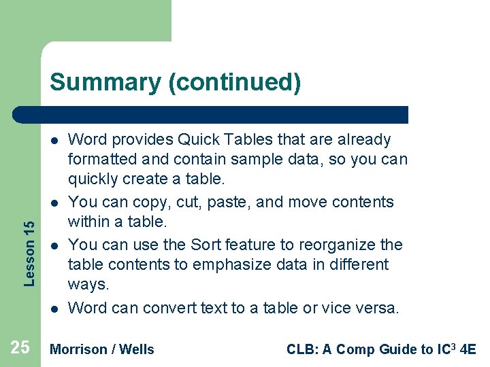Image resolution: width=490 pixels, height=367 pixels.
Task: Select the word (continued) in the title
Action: pos(234,82)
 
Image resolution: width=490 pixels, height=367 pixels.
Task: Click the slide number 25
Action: pos(20,348)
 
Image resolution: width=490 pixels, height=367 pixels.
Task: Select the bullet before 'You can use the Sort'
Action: pos(52,245)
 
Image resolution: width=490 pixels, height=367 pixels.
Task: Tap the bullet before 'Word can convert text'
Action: pos(52,309)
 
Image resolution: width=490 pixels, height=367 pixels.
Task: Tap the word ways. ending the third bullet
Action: pos(88,285)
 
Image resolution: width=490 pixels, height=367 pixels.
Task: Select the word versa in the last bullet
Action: pos(380,308)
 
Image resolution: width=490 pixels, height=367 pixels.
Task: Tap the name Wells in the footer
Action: pos(137,349)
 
